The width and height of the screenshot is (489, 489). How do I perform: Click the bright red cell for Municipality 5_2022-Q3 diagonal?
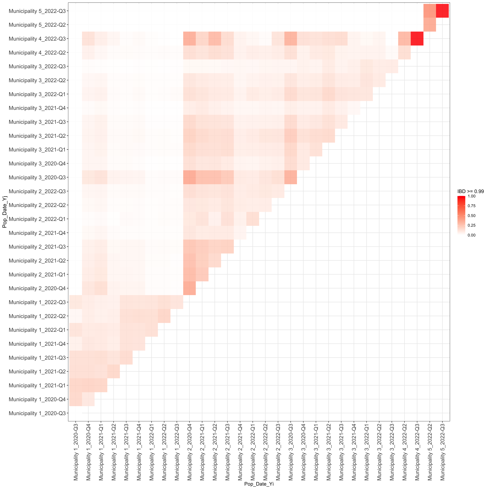click(x=442, y=11)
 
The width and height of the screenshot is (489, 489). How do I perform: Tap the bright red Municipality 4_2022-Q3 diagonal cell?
click(x=417, y=39)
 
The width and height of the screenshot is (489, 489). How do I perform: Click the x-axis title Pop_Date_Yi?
click(x=259, y=484)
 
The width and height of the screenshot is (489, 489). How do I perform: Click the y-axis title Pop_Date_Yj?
click(x=5, y=212)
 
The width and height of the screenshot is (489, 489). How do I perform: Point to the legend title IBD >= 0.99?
click(x=470, y=191)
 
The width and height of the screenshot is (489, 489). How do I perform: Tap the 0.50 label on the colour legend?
click(x=471, y=216)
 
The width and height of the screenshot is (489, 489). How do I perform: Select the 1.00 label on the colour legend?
click(x=471, y=196)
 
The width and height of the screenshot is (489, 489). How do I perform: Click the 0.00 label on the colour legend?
click(x=471, y=235)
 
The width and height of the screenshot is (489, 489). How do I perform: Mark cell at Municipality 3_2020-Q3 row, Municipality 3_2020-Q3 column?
click(x=291, y=177)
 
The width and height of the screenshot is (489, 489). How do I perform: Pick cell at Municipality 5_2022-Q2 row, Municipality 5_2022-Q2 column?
click(x=430, y=25)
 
